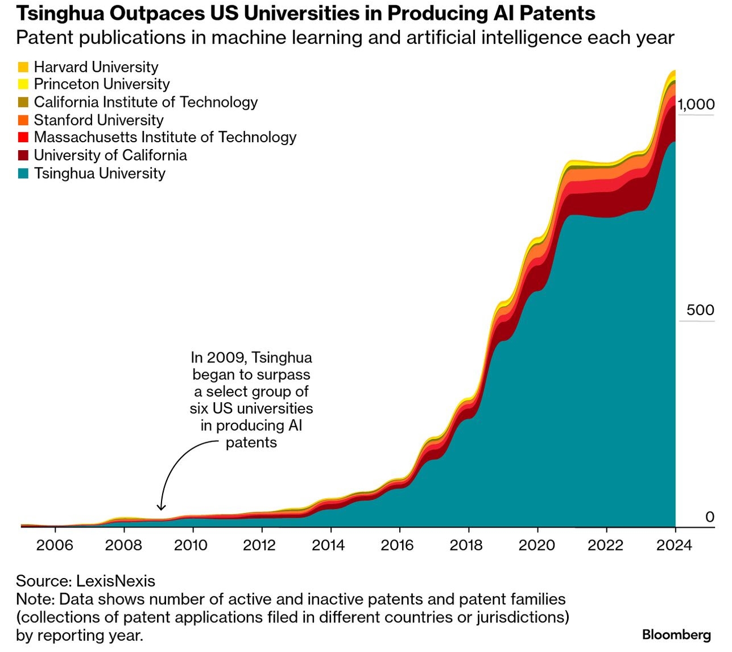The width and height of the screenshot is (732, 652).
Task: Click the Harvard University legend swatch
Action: point(23,67)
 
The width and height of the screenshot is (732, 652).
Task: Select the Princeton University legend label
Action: point(102,84)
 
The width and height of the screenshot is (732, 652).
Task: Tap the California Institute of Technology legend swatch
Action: point(23,102)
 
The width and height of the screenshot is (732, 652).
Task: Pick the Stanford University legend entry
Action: point(98,120)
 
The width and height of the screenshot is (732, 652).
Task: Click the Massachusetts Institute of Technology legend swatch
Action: point(23,138)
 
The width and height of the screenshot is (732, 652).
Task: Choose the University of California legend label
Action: point(110,155)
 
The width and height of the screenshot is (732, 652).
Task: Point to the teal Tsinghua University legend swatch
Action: point(23,174)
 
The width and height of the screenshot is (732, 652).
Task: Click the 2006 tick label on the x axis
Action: point(55,545)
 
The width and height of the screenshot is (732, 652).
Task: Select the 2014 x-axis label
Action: point(328,545)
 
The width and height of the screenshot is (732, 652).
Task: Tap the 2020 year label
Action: point(536,545)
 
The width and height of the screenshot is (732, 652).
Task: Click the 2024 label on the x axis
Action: point(674,545)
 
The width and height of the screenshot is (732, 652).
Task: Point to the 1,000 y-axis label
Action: point(696,104)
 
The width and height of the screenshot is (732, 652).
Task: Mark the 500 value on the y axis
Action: point(701,310)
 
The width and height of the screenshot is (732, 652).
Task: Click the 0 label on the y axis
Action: point(709,517)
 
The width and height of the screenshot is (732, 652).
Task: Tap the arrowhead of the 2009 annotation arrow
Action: point(162,507)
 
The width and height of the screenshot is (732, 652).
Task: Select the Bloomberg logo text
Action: point(676,634)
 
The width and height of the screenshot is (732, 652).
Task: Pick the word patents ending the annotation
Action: point(251,443)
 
